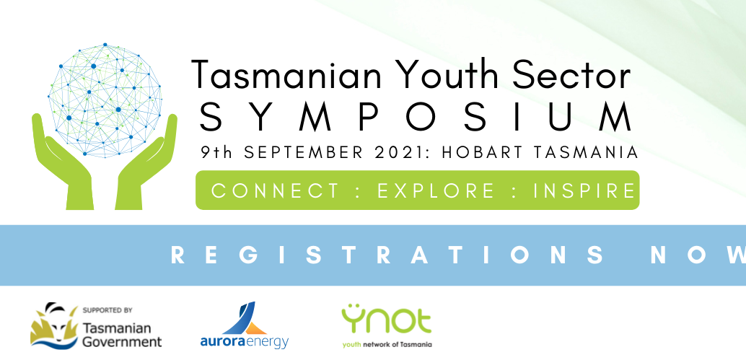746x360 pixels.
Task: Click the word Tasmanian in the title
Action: tap(287, 74)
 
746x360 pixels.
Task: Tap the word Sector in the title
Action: tap(571, 74)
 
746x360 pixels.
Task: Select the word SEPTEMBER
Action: tap(303, 152)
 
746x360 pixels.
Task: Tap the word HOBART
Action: tap(481, 152)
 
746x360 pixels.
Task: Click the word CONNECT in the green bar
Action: tap(276, 190)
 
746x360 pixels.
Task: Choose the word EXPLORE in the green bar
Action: tap(436, 190)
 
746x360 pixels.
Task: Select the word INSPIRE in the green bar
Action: tap(584, 190)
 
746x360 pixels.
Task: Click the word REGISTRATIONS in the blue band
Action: tap(387, 255)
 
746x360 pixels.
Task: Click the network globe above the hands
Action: tap(105, 100)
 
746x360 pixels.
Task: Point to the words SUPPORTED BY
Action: tap(107, 310)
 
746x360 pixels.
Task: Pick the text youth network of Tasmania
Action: tap(387, 344)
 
